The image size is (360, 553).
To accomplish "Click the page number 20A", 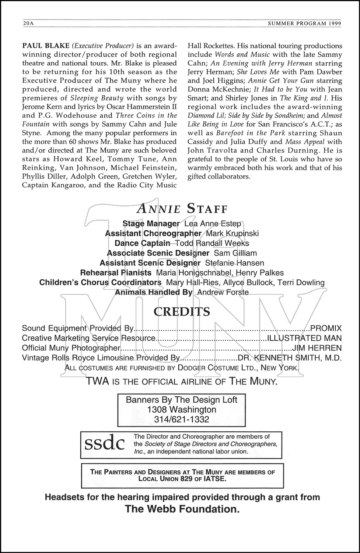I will pyautogui.click(x=28, y=23).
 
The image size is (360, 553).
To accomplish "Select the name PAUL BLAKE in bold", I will pyautogui.click(x=46, y=46).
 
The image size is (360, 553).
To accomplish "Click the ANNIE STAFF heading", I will pyautogui.click(x=182, y=209).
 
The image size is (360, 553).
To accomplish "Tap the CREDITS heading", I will pyautogui.click(x=182, y=312).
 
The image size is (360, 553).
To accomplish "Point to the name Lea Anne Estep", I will pyautogui.click(x=213, y=223).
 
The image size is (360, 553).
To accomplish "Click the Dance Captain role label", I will pyautogui.click(x=142, y=243).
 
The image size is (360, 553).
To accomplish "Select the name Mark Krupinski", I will pyautogui.click(x=232, y=233).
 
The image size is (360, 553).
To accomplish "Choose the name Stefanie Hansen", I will pyautogui.click(x=234, y=263).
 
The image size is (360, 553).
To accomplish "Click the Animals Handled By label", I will pyautogui.click(x=154, y=292).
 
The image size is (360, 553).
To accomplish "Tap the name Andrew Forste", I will pyautogui.click(x=223, y=292).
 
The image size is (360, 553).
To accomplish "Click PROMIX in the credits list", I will pyautogui.click(x=326, y=328).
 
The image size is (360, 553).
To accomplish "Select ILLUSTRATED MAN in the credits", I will pyautogui.click(x=304, y=338).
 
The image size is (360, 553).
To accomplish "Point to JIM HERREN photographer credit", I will pyautogui.click(x=317, y=348).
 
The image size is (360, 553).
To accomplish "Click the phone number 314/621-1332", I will pyautogui.click(x=182, y=419).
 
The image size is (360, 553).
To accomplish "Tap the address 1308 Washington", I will pyautogui.click(x=182, y=410).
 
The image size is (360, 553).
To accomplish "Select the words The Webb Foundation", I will pyautogui.click(x=182, y=509).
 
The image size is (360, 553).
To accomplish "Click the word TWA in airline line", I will pyautogui.click(x=97, y=381).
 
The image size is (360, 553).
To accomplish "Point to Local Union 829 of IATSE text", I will pyautogui.click(x=182, y=479).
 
